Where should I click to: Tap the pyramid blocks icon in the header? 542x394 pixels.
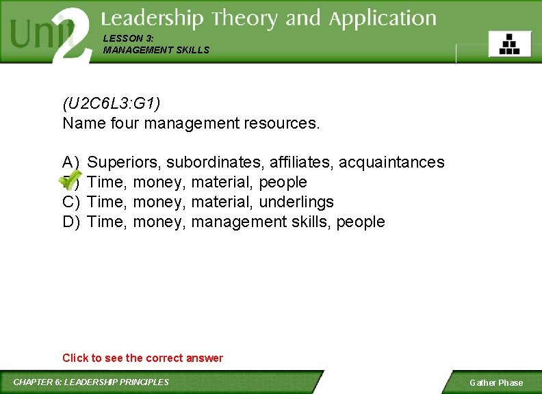(509, 44)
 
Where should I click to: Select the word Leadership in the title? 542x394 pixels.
(153, 18)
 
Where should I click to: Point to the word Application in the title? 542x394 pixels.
(383, 20)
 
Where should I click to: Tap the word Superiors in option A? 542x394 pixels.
(125, 162)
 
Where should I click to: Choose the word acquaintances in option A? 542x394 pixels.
(391, 162)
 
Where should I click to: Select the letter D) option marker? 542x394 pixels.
(71, 222)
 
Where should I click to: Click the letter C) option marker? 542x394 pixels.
(71, 202)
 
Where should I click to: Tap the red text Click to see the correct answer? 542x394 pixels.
(142, 358)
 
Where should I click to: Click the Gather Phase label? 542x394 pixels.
(495, 383)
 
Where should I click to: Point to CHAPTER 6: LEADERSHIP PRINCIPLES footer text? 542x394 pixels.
(91, 382)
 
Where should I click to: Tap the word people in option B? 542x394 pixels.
(283, 182)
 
